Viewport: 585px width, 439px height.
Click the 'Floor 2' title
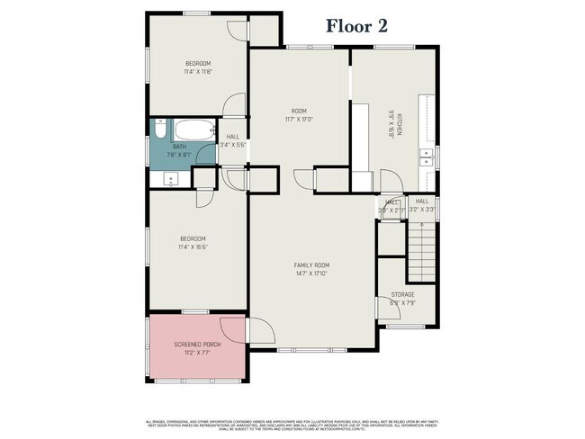click(356, 26)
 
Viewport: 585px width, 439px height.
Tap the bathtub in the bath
click(193, 130)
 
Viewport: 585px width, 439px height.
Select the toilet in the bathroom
click(157, 131)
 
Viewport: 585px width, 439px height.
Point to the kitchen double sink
click(427, 159)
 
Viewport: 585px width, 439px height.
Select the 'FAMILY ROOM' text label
click(311, 265)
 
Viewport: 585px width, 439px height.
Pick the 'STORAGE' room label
click(402, 294)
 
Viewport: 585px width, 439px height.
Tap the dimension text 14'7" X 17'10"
click(311, 274)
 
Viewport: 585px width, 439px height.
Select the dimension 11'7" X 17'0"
click(298, 118)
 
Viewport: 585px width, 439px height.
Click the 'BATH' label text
click(179, 147)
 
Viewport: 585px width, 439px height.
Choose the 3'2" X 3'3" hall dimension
click(421, 210)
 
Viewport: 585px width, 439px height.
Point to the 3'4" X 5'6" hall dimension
click(232, 145)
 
